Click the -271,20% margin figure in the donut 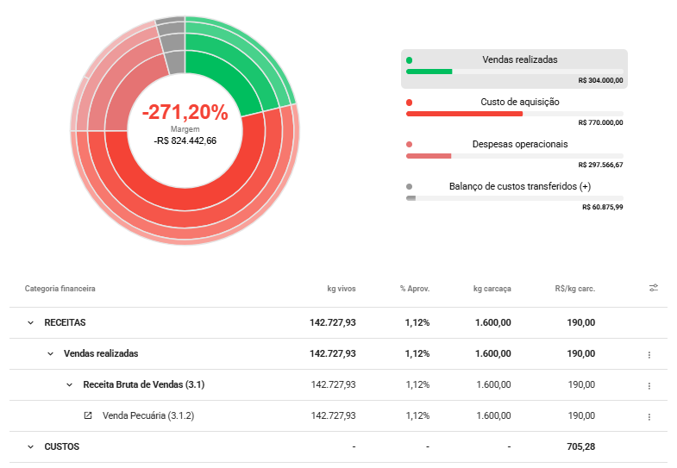(185, 112)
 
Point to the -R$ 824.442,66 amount (185, 140)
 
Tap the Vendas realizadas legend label (520, 59)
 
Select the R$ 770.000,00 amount (600, 122)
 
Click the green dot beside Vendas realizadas (410, 60)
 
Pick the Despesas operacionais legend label (520, 144)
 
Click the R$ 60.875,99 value (602, 207)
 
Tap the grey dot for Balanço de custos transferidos (410, 187)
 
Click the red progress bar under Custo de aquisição (464, 114)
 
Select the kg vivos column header (342, 289)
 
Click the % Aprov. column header (415, 289)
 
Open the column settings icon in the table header (654, 288)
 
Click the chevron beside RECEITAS (30, 322)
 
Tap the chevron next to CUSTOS (30, 446)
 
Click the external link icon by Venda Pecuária (88, 415)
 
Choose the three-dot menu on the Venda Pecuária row (649, 416)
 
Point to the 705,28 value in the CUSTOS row (580, 446)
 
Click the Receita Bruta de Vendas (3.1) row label (144, 384)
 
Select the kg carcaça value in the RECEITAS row (493, 322)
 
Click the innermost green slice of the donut (220, 82)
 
